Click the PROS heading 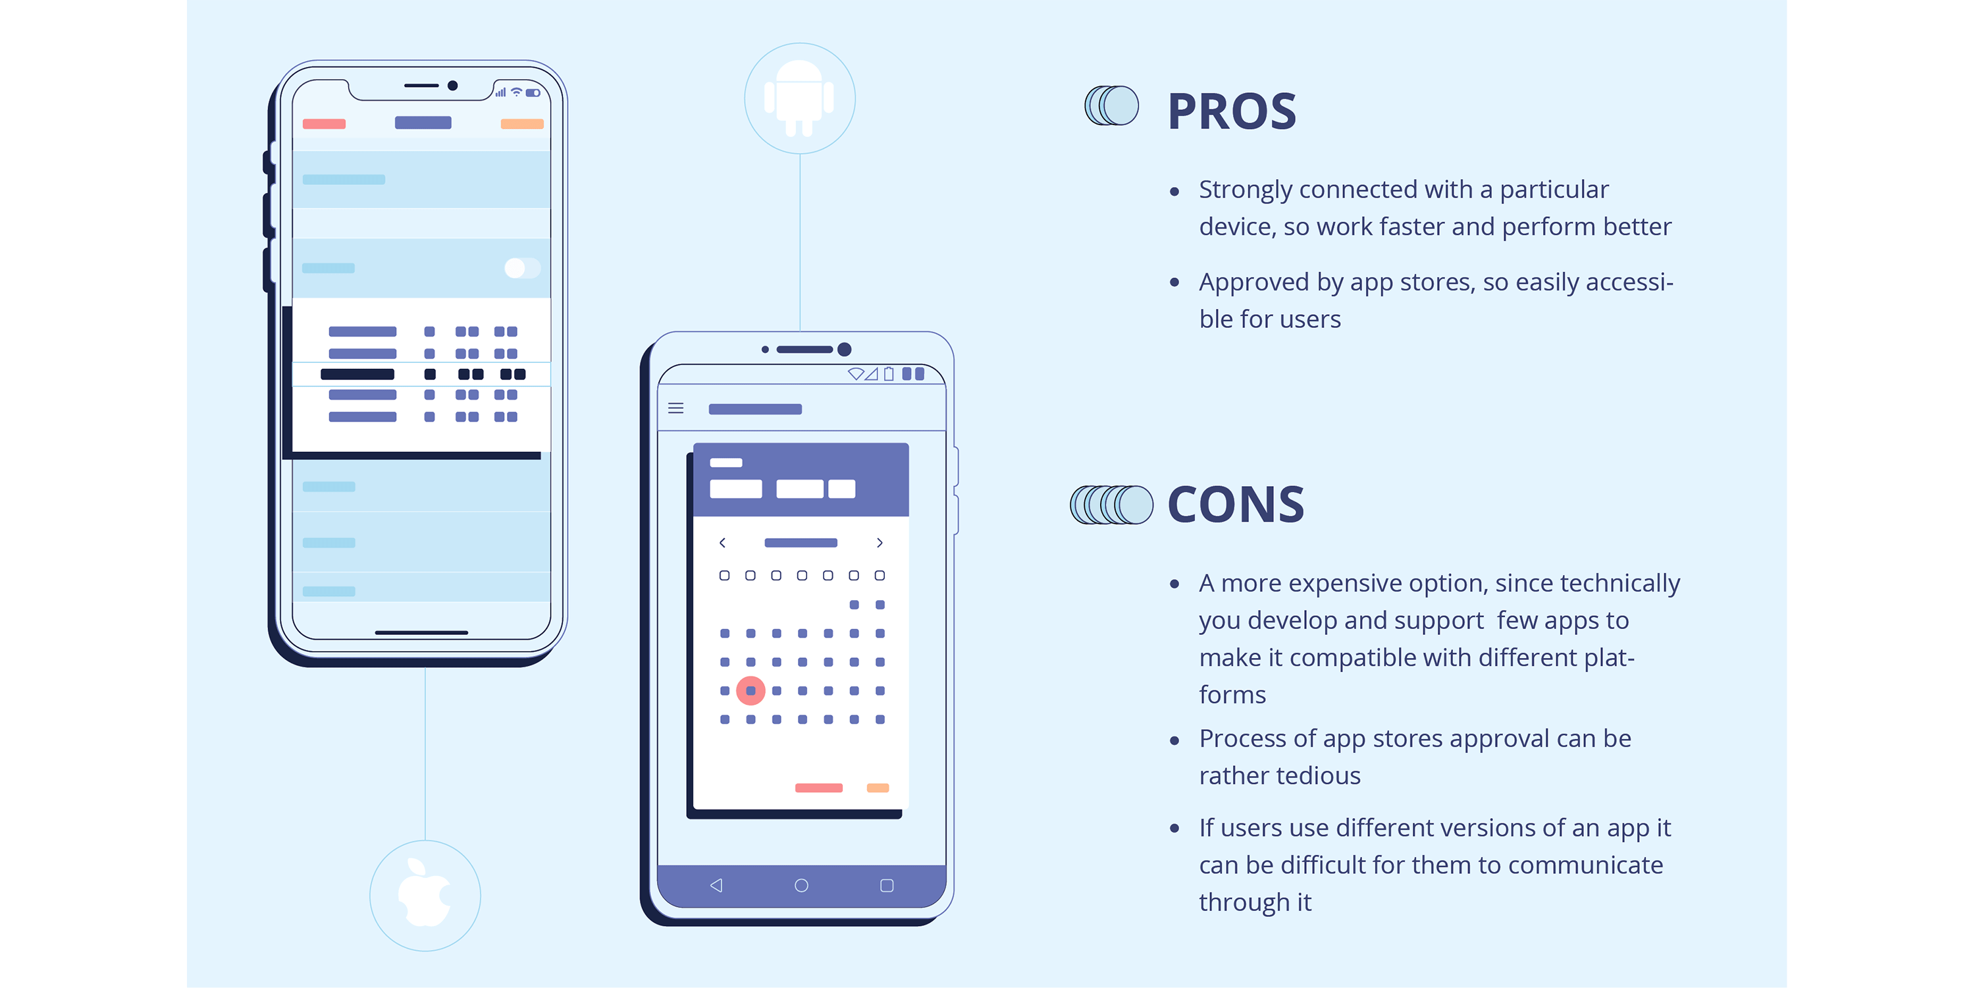point(1231,112)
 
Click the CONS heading point(1235,505)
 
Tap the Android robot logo point(799,98)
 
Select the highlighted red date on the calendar point(750,691)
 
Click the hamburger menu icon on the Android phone point(675,408)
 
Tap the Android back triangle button point(716,885)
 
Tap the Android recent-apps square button point(887,885)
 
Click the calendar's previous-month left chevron point(722,542)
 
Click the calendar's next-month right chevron point(880,542)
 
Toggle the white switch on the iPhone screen point(522,267)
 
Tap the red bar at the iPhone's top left point(325,124)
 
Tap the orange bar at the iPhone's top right point(522,124)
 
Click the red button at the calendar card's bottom point(819,788)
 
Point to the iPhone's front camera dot point(453,86)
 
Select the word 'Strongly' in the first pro point(1246,190)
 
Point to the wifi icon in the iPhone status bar point(517,92)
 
